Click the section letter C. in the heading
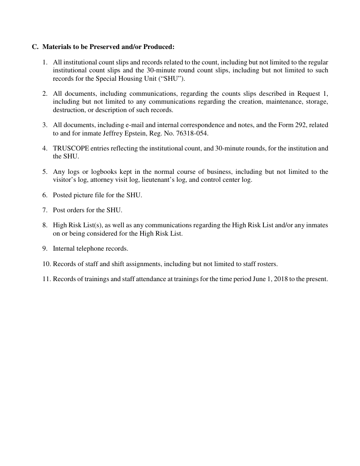point(35,47)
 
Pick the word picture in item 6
point(84,195)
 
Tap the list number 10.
point(46,264)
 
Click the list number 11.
point(46,279)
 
